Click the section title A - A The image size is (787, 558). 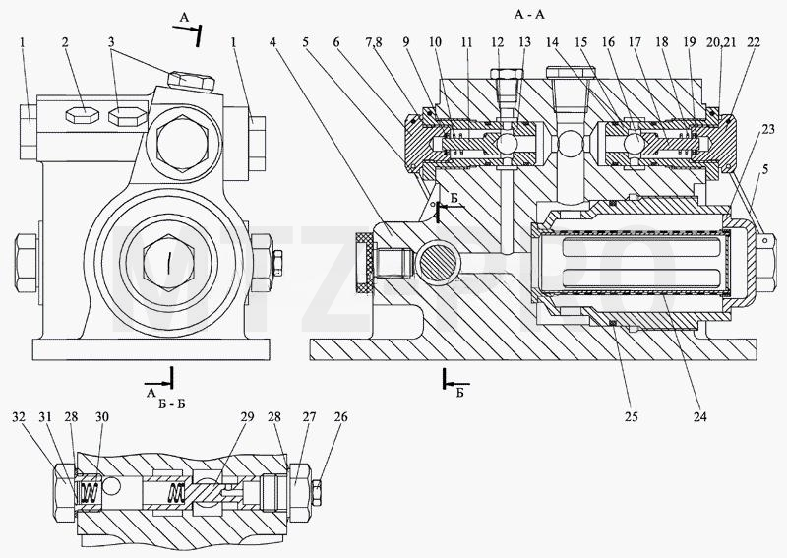tap(529, 15)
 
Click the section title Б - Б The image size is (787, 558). tap(171, 403)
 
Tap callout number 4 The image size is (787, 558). tap(272, 42)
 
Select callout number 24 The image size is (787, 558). tap(699, 416)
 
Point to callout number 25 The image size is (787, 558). tap(631, 416)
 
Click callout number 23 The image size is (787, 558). tap(768, 129)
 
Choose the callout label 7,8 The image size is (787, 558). tap(374, 42)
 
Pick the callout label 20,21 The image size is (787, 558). tap(721, 42)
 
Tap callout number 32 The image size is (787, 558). tap(19, 417)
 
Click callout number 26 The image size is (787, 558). tap(340, 417)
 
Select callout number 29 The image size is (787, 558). tap(247, 417)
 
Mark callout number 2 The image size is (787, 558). tap(65, 42)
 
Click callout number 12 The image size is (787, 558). tap(497, 42)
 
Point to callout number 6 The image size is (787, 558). tap(336, 42)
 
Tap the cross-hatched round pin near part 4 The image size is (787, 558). tap(439, 260)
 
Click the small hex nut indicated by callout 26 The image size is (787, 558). tap(317, 492)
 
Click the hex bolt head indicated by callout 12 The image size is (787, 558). tap(506, 74)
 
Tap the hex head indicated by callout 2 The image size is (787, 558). tap(82, 115)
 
